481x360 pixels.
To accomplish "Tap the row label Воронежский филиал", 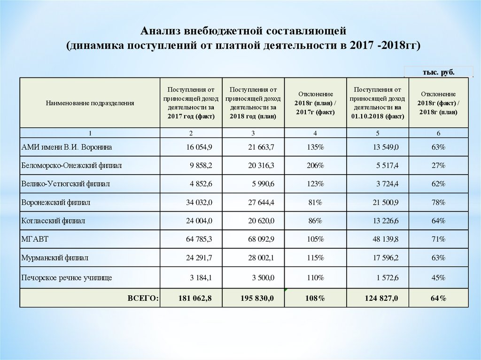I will [x=56, y=202].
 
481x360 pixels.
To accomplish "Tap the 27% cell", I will [x=439, y=166].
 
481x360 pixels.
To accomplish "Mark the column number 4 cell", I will [x=315, y=133].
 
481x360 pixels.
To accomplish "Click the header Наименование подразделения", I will [x=90, y=103].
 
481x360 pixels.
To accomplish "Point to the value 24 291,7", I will [x=200, y=258].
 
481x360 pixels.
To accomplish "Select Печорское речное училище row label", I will [x=67, y=278].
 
